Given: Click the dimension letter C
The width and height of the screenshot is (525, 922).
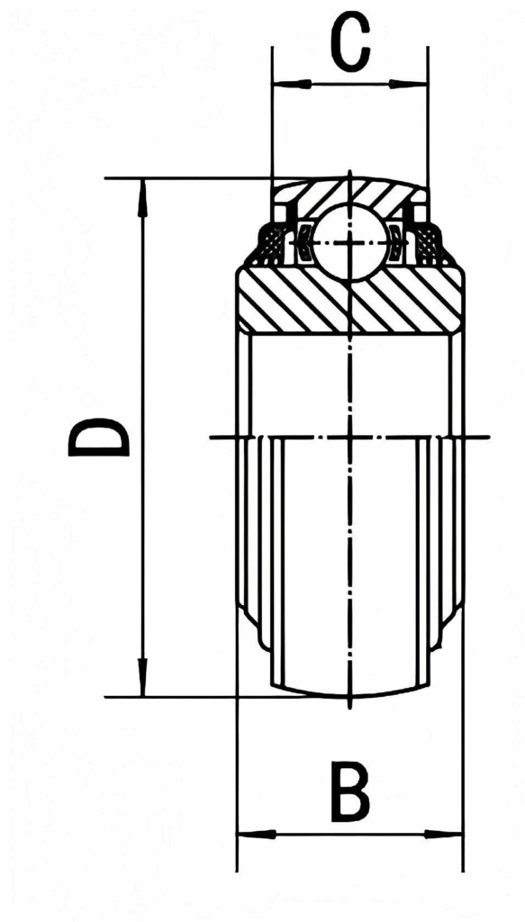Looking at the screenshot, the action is [x=350, y=43].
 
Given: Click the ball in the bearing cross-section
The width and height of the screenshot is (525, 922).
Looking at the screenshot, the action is [x=351, y=243].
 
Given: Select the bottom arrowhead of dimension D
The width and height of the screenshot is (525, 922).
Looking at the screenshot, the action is [x=142, y=677].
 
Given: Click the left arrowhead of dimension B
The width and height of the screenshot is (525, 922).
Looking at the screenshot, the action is [x=257, y=835].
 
